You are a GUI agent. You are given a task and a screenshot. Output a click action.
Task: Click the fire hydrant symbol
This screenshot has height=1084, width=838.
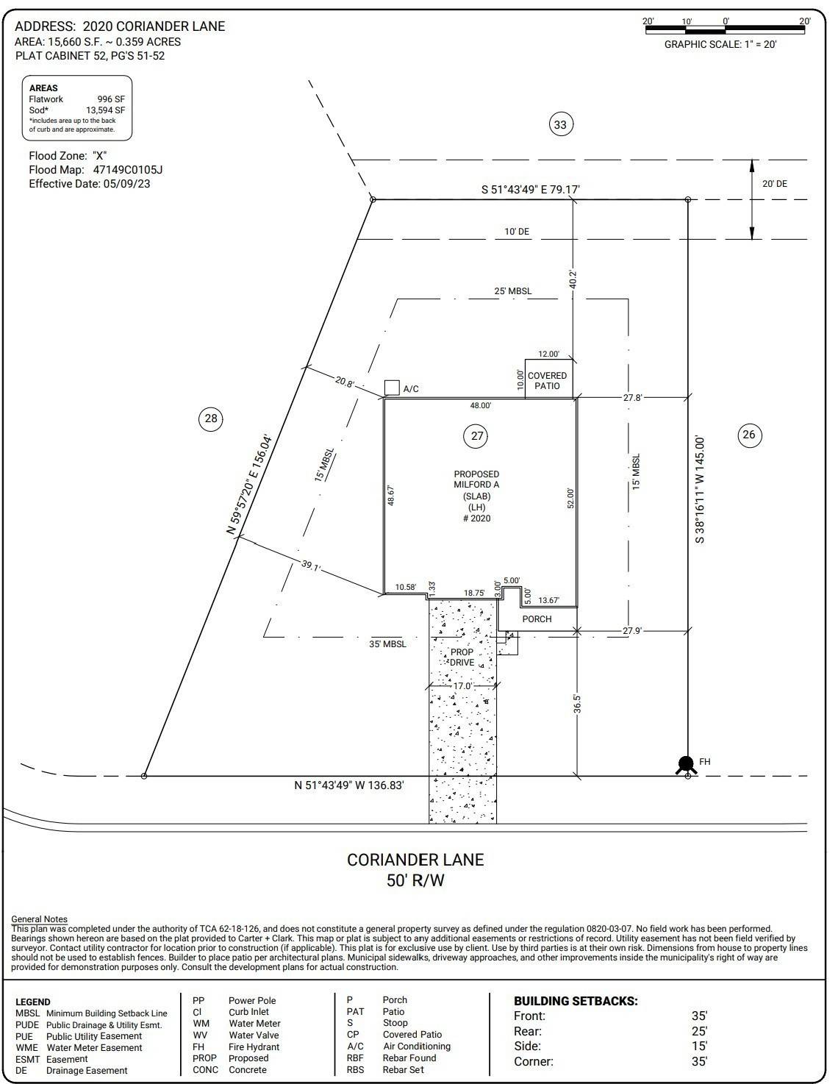click(686, 764)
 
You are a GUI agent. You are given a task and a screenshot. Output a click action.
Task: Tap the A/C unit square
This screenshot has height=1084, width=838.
click(392, 388)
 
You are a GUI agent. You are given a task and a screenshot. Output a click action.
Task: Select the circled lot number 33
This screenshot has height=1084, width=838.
click(560, 124)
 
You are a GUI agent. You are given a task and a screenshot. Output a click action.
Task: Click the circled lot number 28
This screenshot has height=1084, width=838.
click(211, 418)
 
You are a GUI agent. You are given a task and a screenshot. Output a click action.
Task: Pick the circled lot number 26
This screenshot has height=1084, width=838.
click(749, 435)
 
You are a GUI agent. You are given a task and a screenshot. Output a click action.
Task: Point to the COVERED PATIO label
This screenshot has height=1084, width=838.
click(547, 381)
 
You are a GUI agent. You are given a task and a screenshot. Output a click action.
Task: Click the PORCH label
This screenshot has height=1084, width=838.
click(537, 619)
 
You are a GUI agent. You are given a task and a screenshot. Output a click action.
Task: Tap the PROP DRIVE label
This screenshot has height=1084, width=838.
click(462, 657)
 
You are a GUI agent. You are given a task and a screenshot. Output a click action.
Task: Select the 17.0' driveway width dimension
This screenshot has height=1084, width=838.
click(462, 686)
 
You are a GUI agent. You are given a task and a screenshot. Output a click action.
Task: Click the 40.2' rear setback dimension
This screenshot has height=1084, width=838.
click(573, 279)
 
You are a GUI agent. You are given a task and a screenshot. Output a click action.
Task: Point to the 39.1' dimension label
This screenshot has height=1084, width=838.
click(311, 566)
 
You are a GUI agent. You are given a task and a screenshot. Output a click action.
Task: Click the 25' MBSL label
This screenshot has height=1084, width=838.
click(512, 290)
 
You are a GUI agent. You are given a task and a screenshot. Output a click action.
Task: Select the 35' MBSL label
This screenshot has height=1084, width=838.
click(387, 644)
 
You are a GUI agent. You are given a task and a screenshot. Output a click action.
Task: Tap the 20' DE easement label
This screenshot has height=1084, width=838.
click(774, 184)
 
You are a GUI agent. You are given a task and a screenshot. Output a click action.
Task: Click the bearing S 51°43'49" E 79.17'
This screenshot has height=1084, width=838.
click(531, 190)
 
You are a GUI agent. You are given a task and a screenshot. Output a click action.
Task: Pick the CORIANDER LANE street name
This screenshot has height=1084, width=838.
click(415, 860)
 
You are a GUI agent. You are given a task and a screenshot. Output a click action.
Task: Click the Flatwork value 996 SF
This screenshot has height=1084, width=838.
click(111, 99)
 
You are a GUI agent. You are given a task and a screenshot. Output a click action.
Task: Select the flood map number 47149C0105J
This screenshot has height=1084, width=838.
click(128, 170)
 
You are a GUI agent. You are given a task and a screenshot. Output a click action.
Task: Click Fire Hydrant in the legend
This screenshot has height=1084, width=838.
click(254, 1046)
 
